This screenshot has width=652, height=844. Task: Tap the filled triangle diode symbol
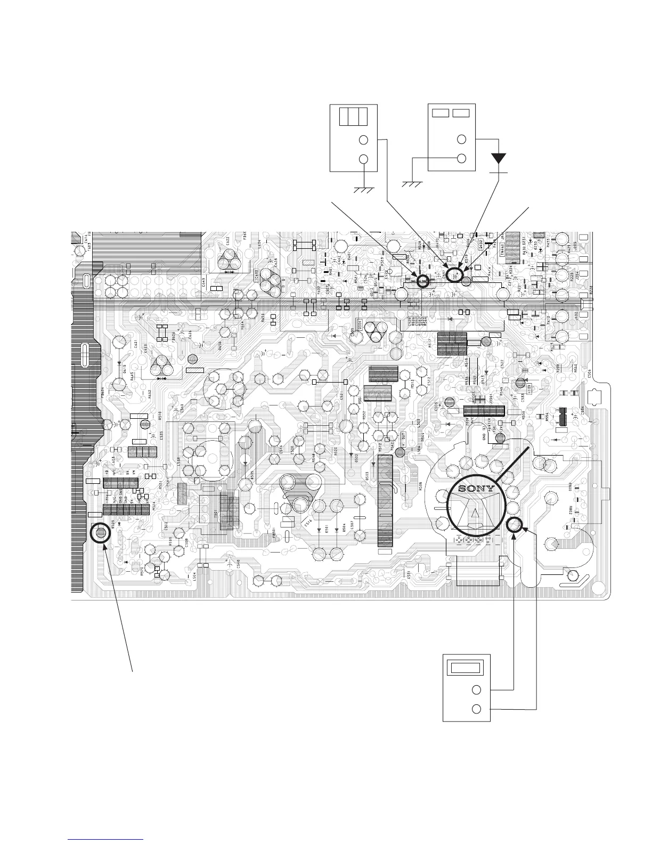click(x=499, y=158)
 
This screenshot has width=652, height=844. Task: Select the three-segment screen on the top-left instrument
click(x=353, y=116)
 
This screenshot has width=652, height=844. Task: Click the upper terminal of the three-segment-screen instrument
click(x=364, y=140)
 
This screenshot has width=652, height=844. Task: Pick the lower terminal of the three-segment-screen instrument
click(x=364, y=159)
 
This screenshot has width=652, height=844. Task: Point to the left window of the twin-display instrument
click(x=441, y=113)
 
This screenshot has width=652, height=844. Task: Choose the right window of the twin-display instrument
click(x=461, y=113)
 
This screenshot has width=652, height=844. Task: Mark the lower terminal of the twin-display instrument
click(x=462, y=159)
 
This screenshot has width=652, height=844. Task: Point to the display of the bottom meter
click(x=467, y=668)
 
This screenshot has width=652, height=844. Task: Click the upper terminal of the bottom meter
click(x=477, y=689)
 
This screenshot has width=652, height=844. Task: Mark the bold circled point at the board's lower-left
click(x=101, y=532)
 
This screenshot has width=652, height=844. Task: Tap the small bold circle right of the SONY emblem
click(x=514, y=525)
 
